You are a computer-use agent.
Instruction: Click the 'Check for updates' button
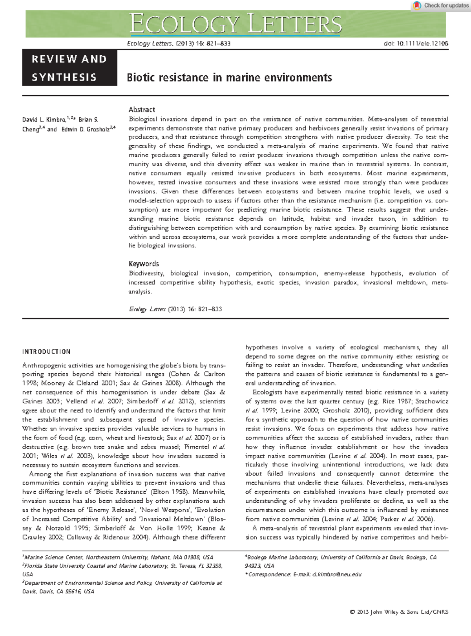(x=440, y=5)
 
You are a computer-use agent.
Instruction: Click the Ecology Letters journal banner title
(x=236, y=24)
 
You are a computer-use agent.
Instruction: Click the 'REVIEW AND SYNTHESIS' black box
(x=69, y=68)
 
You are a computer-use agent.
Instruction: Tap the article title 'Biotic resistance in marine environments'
(x=229, y=78)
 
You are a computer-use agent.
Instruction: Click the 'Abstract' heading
(x=142, y=110)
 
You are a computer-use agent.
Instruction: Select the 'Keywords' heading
(x=144, y=264)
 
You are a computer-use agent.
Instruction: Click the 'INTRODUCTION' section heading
(x=46, y=352)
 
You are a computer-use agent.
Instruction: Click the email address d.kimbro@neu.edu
(x=337, y=574)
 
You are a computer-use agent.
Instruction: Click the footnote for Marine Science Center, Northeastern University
(x=118, y=557)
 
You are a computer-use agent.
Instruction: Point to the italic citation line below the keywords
(x=175, y=309)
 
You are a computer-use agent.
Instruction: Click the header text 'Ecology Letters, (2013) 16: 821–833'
(x=179, y=44)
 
